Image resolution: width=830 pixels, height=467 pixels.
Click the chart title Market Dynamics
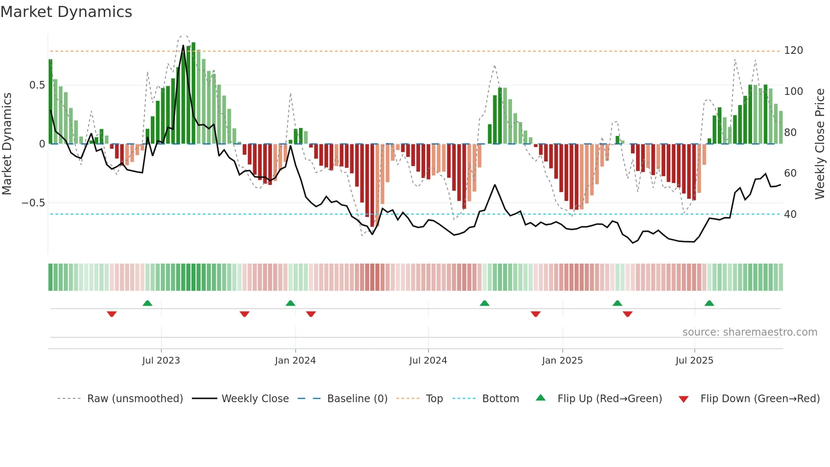tap(66, 12)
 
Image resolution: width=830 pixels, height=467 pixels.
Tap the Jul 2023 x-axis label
tap(161, 361)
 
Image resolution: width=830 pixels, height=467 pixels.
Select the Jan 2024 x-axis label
tap(295, 361)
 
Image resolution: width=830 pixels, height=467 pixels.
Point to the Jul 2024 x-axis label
tap(428, 361)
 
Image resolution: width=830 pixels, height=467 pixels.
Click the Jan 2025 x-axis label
tap(562, 361)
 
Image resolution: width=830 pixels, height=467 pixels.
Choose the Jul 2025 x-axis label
tap(694, 361)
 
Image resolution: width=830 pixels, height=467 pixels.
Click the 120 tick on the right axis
tap(793, 50)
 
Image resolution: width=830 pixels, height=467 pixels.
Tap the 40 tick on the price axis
tap(790, 214)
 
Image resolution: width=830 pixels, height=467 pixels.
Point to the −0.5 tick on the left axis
tap(33, 203)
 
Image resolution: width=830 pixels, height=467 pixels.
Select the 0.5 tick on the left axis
tap(37, 85)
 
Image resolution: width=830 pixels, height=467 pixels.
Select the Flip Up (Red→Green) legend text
tap(609, 399)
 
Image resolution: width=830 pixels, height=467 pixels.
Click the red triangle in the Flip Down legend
tap(683, 399)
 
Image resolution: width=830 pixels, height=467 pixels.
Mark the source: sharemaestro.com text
tap(750, 332)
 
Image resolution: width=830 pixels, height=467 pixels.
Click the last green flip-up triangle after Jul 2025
tap(709, 303)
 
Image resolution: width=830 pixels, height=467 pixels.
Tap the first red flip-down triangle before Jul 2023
tap(112, 314)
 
